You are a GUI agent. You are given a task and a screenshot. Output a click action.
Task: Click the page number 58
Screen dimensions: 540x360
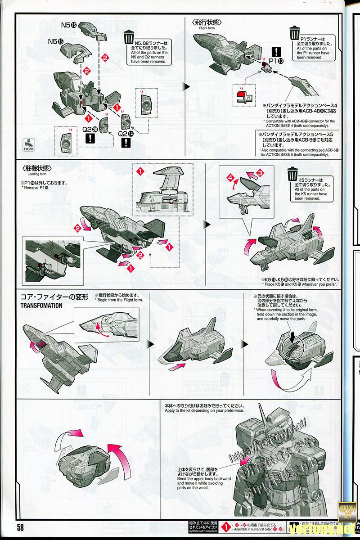[x=21, y=527]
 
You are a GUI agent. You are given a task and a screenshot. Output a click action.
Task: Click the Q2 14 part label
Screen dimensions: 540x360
[x=126, y=133]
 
